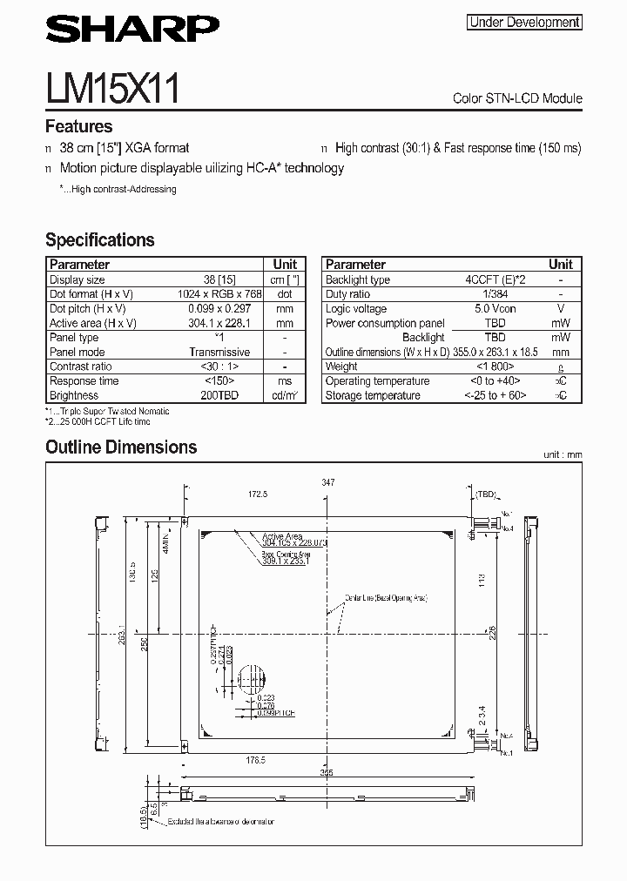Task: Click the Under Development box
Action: (x=524, y=23)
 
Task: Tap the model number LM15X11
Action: (x=112, y=89)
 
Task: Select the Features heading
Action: (x=78, y=126)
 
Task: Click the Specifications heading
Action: (x=99, y=240)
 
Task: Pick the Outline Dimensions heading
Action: (x=121, y=447)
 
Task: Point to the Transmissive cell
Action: (x=219, y=353)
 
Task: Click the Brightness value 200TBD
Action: (x=219, y=395)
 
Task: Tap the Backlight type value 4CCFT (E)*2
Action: (x=495, y=280)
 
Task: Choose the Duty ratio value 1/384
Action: (x=495, y=294)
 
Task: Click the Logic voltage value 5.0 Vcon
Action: (x=495, y=309)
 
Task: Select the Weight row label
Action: (x=341, y=367)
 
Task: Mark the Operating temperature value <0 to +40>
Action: (x=495, y=381)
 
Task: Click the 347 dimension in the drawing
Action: (x=327, y=482)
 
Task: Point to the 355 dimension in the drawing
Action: (x=327, y=771)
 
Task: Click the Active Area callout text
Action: (x=282, y=537)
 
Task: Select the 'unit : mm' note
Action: (x=562, y=454)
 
